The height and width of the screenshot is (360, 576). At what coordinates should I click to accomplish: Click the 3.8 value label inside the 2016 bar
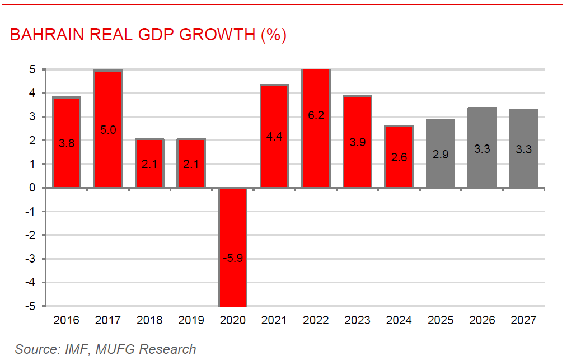click(x=66, y=143)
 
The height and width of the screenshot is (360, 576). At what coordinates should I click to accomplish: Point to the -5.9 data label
click(x=232, y=259)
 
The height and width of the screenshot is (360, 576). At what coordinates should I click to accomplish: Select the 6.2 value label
click(x=316, y=116)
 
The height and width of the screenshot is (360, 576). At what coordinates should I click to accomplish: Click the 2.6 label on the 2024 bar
click(x=399, y=157)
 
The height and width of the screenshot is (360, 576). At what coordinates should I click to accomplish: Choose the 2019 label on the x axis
click(x=191, y=321)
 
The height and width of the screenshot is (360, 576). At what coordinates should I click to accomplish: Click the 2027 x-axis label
click(x=523, y=321)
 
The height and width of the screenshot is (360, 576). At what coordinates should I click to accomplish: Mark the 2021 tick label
click(x=274, y=321)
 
